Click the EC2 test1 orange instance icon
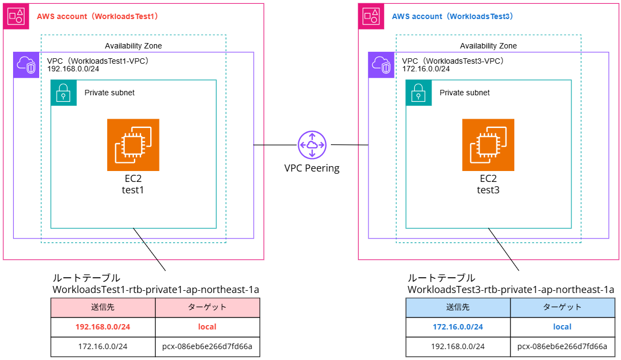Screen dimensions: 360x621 133,145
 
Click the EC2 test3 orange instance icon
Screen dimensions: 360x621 488,145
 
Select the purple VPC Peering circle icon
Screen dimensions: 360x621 311,145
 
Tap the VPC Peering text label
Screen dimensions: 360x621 312,168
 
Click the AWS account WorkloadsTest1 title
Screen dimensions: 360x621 97,16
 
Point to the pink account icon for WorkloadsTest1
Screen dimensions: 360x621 16,16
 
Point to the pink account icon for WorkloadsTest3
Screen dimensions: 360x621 371,16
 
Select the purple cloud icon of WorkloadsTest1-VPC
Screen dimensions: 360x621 26,65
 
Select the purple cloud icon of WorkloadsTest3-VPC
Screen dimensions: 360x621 382,65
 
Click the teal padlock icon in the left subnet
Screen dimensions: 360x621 64,93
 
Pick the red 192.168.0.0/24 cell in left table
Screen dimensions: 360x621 103,327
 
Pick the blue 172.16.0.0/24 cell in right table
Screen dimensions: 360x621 458,327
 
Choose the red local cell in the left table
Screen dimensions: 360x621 207,327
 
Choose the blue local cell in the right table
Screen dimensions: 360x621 562,327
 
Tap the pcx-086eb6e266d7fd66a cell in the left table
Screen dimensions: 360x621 207,346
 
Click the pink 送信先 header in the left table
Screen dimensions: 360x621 103,307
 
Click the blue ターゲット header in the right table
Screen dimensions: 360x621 562,307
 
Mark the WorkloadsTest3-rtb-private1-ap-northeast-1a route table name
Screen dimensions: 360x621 511,290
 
